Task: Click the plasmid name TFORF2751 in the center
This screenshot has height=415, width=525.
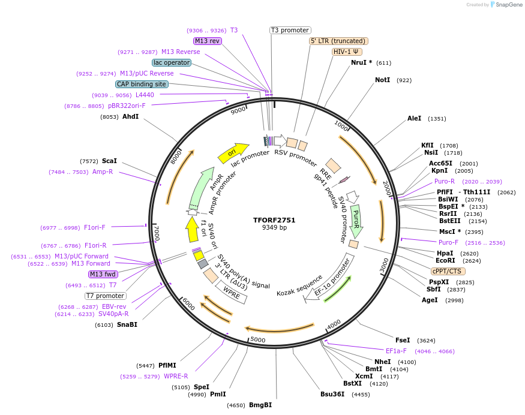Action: [274, 219]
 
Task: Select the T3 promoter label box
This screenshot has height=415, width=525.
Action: [290, 30]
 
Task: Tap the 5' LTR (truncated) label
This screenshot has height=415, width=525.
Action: [338, 41]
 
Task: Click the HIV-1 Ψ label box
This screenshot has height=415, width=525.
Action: [347, 52]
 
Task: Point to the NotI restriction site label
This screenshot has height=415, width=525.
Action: [382, 80]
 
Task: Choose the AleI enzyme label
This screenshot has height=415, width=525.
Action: [414, 119]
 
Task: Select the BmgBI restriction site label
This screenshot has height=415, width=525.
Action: [260, 405]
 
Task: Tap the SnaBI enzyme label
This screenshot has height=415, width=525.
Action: [127, 324]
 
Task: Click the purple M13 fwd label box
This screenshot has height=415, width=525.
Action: [103, 274]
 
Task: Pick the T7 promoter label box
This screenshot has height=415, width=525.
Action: [106, 296]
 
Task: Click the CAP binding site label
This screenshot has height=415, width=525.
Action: [142, 85]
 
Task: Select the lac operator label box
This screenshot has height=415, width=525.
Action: [172, 62]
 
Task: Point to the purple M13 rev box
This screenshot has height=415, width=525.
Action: [208, 41]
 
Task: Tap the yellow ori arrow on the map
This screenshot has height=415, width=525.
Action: [233, 153]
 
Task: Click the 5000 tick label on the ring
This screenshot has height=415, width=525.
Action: [258, 340]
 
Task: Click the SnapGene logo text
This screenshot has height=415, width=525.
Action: [508, 5]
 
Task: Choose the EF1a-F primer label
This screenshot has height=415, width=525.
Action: [396, 351]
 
